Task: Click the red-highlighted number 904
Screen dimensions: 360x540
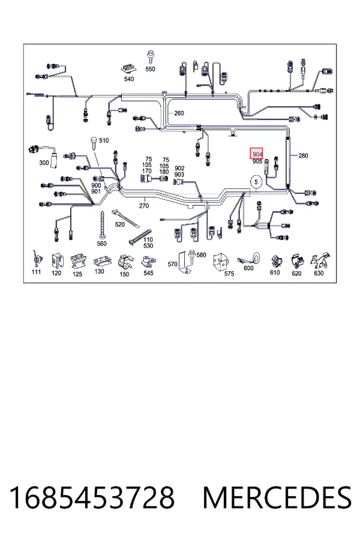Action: tap(257, 154)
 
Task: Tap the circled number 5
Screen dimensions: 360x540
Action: tap(256, 181)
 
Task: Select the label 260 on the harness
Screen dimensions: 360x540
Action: tap(179, 113)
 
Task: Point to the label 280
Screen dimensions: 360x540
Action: tap(303, 155)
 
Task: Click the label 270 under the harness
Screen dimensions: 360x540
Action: tap(144, 206)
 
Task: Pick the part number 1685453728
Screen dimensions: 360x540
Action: tap(92, 497)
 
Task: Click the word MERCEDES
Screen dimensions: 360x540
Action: tap(277, 497)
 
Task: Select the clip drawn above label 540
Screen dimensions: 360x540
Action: tap(128, 68)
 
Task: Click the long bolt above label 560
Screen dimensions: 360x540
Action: tap(102, 225)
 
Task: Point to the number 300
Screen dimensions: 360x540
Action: tap(44, 163)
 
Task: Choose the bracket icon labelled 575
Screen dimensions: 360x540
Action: tap(220, 262)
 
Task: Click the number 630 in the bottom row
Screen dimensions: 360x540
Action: tap(319, 273)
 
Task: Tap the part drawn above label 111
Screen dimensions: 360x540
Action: tap(37, 259)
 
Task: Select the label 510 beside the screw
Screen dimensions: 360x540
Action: tap(104, 140)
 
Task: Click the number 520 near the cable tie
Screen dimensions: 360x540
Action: tap(119, 224)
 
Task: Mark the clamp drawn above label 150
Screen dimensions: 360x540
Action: tap(124, 262)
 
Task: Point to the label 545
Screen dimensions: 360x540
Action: tap(148, 273)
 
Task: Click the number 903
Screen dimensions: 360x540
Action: tap(179, 175)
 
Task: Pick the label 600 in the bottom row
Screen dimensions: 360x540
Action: tap(248, 268)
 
